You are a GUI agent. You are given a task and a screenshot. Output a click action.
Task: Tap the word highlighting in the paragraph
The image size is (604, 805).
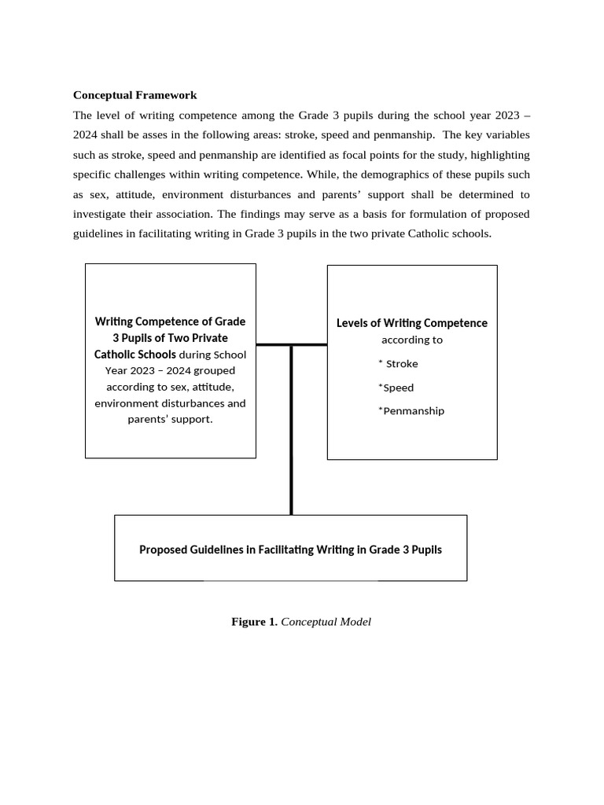point(499,155)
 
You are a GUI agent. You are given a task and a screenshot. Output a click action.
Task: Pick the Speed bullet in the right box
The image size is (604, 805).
point(397,388)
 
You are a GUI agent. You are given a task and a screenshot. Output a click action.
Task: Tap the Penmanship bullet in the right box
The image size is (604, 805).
point(412,411)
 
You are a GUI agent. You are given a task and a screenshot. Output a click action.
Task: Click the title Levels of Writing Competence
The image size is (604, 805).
point(411,323)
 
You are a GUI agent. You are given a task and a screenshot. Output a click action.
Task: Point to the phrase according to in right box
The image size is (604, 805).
point(411,340)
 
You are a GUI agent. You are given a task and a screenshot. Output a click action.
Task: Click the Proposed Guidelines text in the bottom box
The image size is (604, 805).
point(290,550)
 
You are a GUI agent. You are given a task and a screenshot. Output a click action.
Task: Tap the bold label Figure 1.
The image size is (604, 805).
point(253,622)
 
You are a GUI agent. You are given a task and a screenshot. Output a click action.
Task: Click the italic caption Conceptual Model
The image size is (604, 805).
point(326,622)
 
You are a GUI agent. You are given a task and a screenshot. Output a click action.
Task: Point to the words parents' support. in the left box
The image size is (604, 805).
point(170,419)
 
